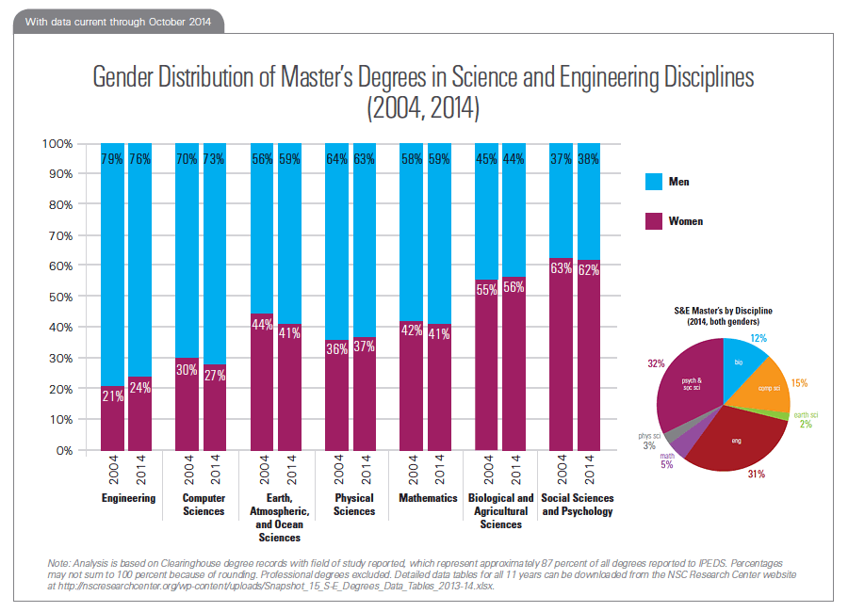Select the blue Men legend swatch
pyautogui.click(x=653, y=181)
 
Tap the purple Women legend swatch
pyautogui.click(x=653, y=221)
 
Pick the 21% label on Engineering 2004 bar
pyautogui.click(x=113, y=395)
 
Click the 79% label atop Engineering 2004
pyautogui.click(x=113, y=159)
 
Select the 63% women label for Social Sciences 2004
pyautogui.click(x=562, y=266)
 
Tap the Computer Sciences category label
pyautogui.click(x=204, y=505)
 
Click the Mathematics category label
pyautogui.click(x=428, y=498)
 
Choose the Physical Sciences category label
pyautogui.click(x=354, y=505)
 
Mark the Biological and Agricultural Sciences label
pyautogui.click(x=500, y=511)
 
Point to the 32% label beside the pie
pyautogui.click(x=654, y=362)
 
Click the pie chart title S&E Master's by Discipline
pyautogui.click(x=724, y=314)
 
